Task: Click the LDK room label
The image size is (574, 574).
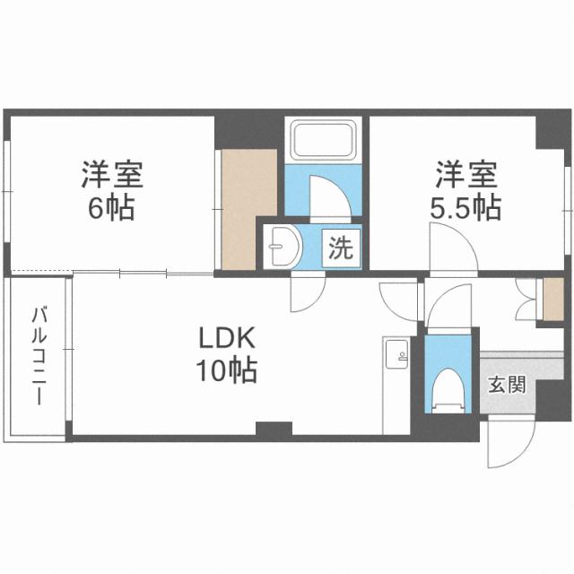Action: pos(229,340)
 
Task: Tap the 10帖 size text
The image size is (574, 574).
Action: pos(229,370)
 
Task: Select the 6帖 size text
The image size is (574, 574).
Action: pos(112,209)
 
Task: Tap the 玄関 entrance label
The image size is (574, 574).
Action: pos(506,387)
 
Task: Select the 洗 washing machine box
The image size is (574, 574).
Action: pos(339,248)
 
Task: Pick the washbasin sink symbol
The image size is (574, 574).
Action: pos(284,246)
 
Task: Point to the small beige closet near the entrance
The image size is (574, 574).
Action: pos(553,299)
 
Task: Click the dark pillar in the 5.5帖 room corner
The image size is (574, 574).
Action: pos(549,131)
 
